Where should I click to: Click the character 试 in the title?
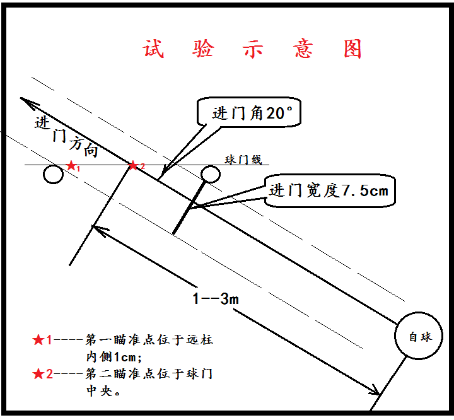coord(153,50)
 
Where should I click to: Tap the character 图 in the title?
coord(353,50)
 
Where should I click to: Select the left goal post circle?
coord(54,175)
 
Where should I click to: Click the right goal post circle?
coord(211,173)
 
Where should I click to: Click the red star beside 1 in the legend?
coord(38,340)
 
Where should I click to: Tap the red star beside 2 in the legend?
coord(38,373)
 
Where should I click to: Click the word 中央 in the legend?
coord(101,390)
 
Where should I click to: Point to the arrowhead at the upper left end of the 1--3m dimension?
coord(98,228)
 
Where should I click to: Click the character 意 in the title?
coord(303,50)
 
